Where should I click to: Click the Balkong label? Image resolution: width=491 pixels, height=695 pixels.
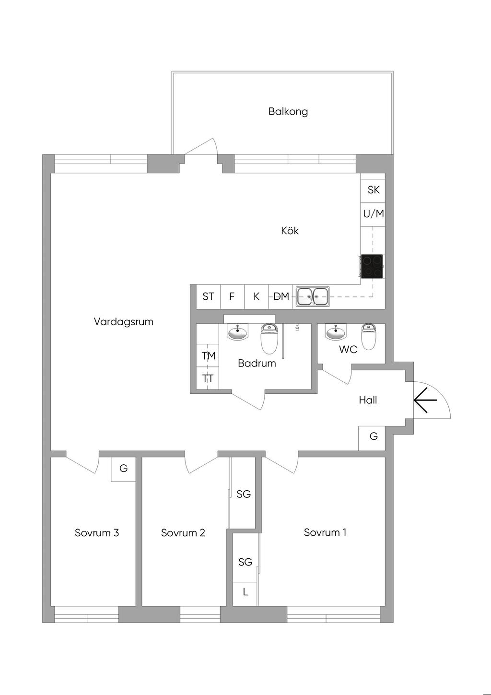(x=288, y=112)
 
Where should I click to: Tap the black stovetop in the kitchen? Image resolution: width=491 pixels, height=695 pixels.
(x=372, y=266)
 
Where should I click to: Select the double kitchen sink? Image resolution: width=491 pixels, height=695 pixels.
(x=313, y=296)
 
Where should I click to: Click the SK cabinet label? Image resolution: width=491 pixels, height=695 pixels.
(x=373, y=190)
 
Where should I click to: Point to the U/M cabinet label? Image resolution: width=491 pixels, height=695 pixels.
(x=373, y=214)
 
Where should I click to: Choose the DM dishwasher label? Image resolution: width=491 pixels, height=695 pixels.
(x=281, y=296)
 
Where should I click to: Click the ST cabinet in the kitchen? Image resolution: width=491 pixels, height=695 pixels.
(x=208, y=296)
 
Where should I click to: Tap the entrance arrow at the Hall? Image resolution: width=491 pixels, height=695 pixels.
(x=425, y=400)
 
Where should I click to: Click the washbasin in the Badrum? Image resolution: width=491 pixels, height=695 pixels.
(x=237, y=332)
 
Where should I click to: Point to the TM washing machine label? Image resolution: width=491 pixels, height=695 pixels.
(x=209, y=356)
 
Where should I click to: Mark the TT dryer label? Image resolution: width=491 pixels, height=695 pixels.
(x=208, y=378)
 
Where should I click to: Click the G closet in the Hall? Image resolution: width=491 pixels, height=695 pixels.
(x=374, y=436)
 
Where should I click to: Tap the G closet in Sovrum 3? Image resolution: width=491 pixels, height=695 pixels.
(x=124, y=469)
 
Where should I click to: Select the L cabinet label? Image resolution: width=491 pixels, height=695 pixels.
(x=245, y=592)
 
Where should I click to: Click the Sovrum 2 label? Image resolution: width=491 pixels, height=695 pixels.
(x=183, y=533)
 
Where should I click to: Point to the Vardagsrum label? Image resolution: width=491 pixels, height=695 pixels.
(x=124, y=322)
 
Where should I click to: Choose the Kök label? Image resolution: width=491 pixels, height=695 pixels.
(x=290, y=231)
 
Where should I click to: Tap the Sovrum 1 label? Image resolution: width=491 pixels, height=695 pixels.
(x=325, y=532)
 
